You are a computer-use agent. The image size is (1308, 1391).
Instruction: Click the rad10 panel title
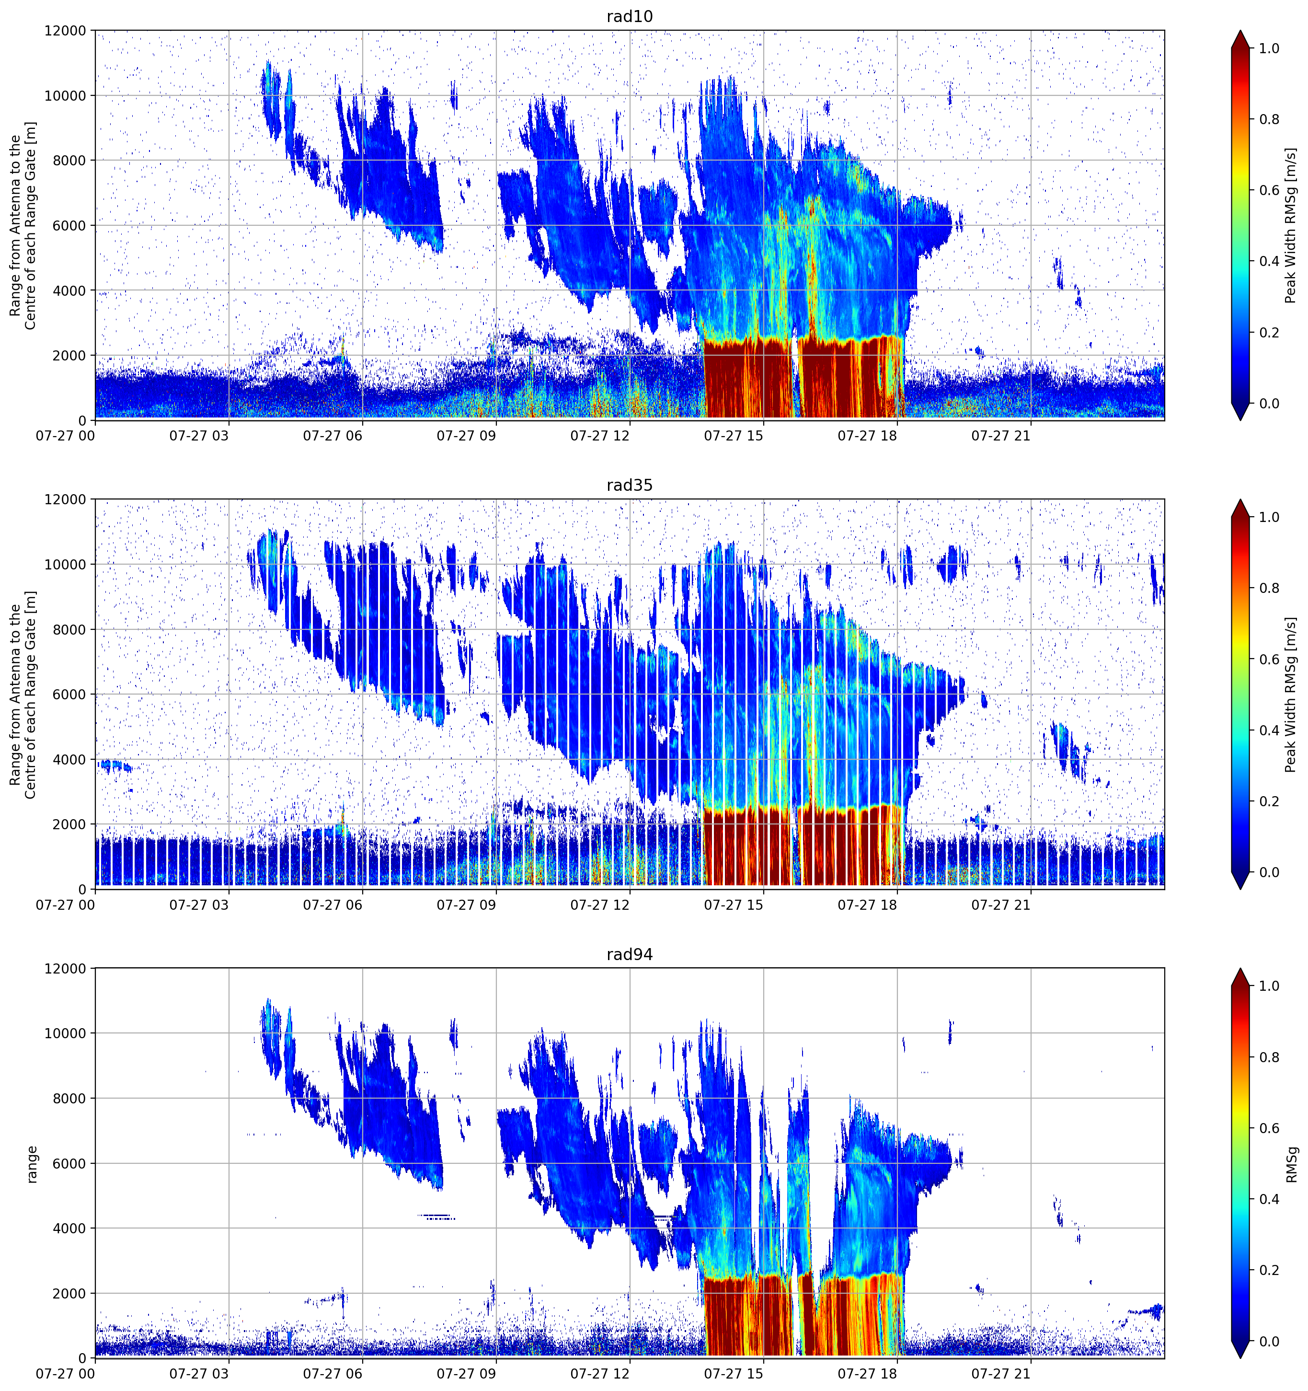tap(630, 16)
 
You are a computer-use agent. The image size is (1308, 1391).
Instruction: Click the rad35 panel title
tap(630, 486)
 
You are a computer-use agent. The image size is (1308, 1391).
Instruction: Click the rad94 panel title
tap(630, 954)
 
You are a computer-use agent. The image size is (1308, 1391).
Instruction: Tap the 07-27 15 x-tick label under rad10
tap(733, 436)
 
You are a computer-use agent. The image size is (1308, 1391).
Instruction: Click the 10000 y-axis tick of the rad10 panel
tap(65, 96)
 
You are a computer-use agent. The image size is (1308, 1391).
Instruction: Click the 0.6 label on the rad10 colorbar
tap(1270, 190)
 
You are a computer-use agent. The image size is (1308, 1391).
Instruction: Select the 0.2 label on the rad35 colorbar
tap(1270, 801)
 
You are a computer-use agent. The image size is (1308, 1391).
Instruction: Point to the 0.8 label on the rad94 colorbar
tap(1270, 1057)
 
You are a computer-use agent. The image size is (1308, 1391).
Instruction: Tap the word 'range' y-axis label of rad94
tap(32, 1164)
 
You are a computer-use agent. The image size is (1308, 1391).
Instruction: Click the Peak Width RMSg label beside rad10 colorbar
tap(1291, 225)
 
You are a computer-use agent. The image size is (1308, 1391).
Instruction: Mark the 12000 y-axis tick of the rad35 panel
tap(65, 499)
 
